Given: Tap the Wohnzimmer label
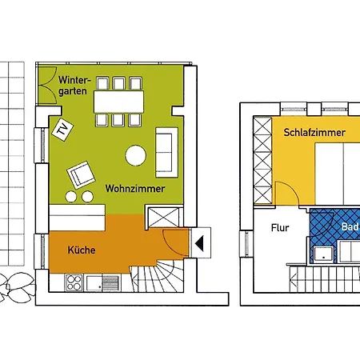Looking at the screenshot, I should (134, 189).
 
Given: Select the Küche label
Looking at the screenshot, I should (82, 250).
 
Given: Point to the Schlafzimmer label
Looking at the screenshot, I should (310, 132).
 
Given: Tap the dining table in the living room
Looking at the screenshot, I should (118, 102).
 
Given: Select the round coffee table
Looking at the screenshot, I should (134, 154).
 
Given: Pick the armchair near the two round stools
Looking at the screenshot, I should (81, 174).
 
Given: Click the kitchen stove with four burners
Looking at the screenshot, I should (74, 282).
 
